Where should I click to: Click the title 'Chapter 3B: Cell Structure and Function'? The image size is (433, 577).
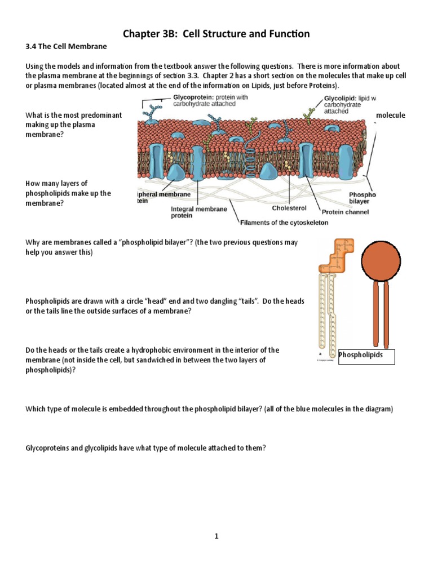coord(216,34)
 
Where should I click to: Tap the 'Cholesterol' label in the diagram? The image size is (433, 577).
coord(289,208)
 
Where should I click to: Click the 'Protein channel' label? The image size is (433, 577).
coord(345,212)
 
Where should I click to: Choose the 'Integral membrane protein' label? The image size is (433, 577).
coord(199,212)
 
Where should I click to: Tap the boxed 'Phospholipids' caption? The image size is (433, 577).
coord(361,355)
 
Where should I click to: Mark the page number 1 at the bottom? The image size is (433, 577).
coord(216,537)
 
